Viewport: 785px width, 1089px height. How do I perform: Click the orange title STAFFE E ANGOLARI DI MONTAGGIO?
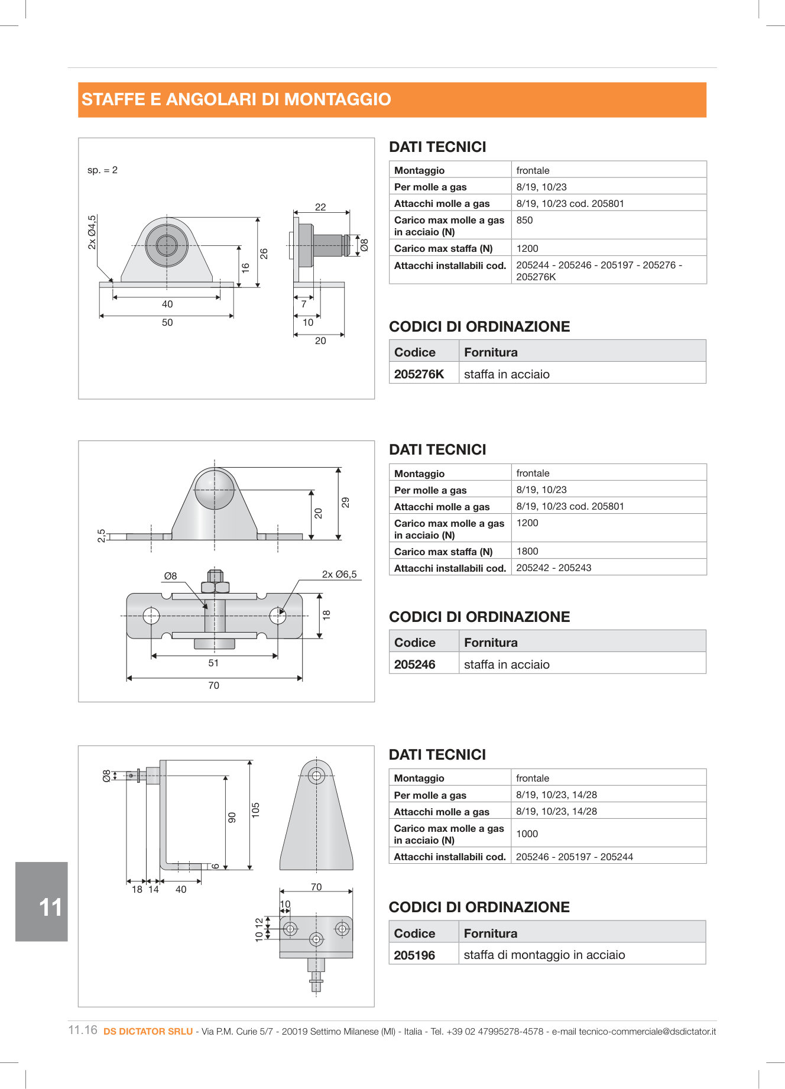click(x=236, y=99)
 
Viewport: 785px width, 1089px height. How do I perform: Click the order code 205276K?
click(x=419, y=374)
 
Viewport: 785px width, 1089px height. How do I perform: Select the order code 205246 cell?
click(x=415, y=665)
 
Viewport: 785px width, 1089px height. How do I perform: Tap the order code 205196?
click(x=414, y=955)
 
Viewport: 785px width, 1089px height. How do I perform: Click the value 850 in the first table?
click(x=524, y=221)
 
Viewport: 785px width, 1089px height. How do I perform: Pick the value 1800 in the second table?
click(x=527, y=552)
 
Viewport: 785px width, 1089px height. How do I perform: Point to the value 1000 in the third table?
click(x=527, y=834)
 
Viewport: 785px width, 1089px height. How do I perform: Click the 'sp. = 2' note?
click(x=103, y=170)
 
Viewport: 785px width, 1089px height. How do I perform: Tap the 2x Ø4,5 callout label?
click(x=92, y=232)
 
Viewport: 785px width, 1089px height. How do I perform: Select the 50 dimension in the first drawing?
click(x=167, y=323)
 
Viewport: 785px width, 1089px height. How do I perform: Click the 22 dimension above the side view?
click(x=320, y=207)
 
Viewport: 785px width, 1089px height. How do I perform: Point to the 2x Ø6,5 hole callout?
click(x=339, y=575)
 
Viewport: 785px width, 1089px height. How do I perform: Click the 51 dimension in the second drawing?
click(x=213, y=663)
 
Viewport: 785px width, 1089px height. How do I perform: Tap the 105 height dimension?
click(x=256, y=810)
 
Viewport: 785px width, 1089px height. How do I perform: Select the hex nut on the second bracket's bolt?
click(x=215, y=587)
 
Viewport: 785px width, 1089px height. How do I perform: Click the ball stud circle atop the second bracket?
click(x=215, y=489)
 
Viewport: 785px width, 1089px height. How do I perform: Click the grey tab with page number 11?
click(x=42, y=902)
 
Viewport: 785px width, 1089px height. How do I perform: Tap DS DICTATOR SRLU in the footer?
click(x=148, y=1032)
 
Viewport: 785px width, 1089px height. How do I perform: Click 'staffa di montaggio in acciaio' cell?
click(x=544, y=955)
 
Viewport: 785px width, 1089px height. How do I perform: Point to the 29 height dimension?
click(x=346, y=503)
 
